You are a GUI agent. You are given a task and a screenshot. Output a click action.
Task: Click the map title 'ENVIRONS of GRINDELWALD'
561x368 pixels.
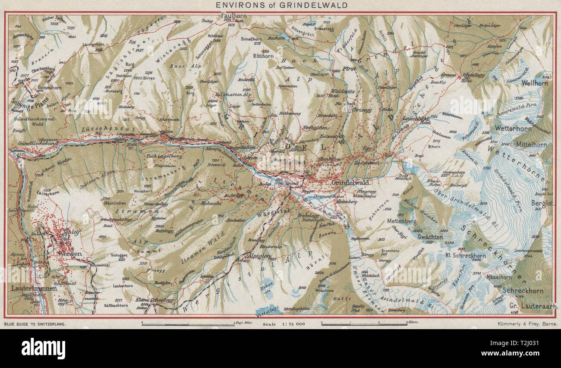click(280, 5)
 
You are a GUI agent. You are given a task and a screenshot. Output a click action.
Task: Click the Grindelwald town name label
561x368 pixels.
click(348, 183)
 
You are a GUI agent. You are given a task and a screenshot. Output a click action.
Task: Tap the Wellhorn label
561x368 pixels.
click(534, 83)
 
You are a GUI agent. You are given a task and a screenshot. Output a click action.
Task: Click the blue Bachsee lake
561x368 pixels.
click(283, 37)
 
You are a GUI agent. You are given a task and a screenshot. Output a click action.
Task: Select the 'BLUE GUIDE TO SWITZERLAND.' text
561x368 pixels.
click(35, 323)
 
